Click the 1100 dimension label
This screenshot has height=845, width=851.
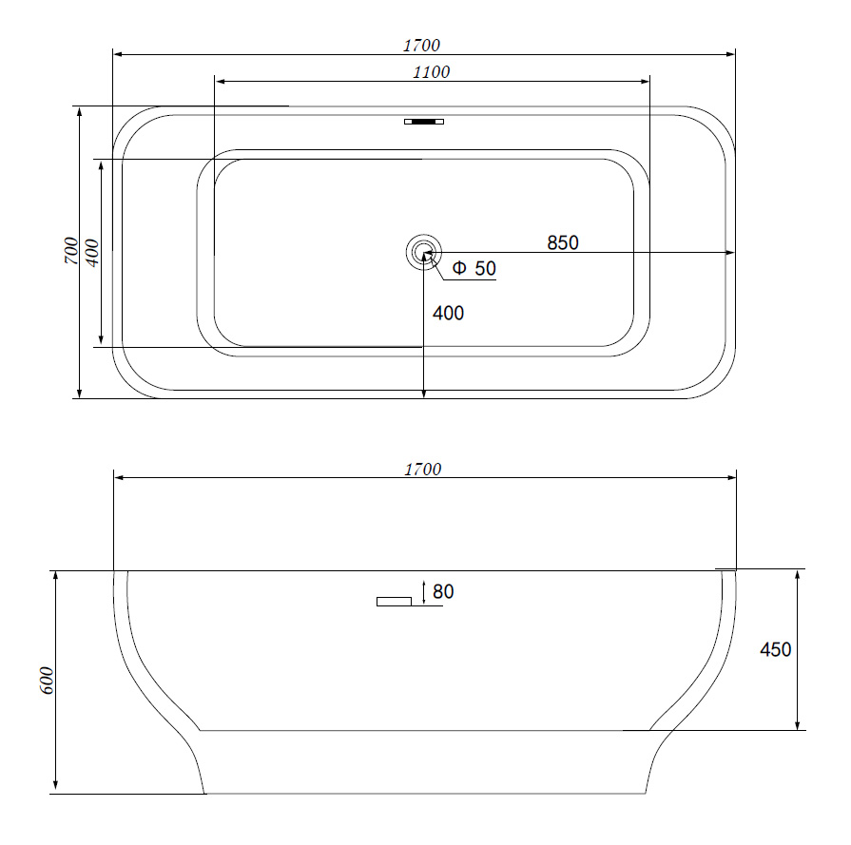coord(432,72)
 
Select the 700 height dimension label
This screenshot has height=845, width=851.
coord(71,251)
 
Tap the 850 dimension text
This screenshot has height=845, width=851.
coord(563,242)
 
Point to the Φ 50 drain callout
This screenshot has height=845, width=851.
coord(474,268)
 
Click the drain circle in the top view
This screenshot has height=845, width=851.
coord(424,253)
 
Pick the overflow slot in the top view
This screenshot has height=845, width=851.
coord(424,122)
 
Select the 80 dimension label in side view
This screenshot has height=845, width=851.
coord(443,591)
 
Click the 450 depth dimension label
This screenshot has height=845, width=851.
coord(776,649)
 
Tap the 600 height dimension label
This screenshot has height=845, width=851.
coord(48,680)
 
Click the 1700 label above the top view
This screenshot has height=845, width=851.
coord(422,46)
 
